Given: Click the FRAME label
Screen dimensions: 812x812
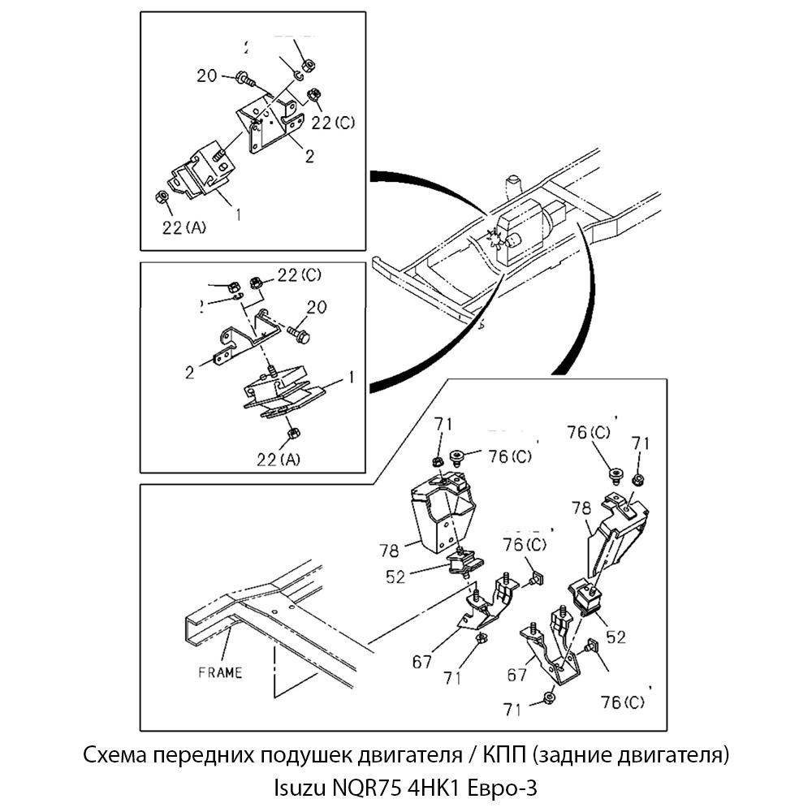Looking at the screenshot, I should coord(220,672).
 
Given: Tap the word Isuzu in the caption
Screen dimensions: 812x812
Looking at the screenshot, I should coord(299,787).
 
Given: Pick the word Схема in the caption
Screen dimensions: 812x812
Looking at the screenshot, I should coord(110,756).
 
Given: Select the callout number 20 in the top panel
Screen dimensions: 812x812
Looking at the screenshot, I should coord(207,76).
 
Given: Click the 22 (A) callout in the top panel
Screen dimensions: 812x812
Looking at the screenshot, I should coord(184,228).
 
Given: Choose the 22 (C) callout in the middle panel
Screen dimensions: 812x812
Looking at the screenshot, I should coord(300,276).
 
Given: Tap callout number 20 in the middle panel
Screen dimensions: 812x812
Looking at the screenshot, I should coord(317,307).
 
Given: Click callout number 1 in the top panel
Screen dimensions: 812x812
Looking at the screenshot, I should coord(238,214).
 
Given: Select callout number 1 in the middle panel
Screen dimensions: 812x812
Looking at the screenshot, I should coord(351,377).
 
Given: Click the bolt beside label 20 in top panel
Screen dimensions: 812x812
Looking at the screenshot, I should coord(244,79).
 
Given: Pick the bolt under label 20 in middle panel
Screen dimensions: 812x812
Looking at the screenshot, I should coord(297,333).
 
